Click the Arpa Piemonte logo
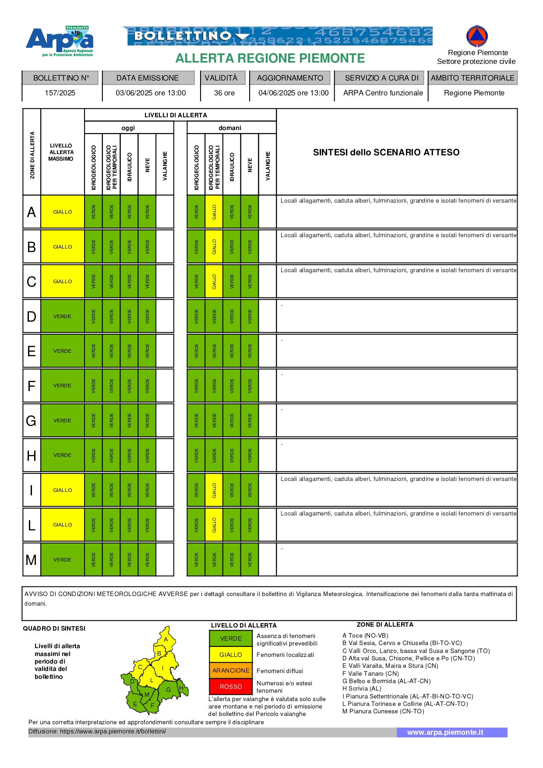[x=60, y=41]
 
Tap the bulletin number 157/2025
[x=60, y=93]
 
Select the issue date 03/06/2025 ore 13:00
[x=151, y=93]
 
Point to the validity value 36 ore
[x=224, y=93]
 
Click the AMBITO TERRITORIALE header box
[x=472, y=78]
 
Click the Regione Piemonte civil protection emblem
[x=477, y=36]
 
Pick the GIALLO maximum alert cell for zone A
[x=63, y=212]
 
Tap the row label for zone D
[x=32, y=316]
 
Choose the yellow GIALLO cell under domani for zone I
[x=214, y=490]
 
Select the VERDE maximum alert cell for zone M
[x=63, y=560]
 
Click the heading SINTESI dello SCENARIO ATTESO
[x=386, y=152]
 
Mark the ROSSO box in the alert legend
[x=231, y=687]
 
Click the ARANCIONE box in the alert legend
[x=231, y=670]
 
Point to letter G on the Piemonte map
[x=168, y=690]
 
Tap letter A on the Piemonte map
[x=166, y=639]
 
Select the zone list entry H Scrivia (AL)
[x=362, y=688]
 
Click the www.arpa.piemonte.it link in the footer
[x=445, y=732]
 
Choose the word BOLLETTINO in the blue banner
[x=183, y=36]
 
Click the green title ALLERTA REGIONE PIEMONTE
[x=270, y=58]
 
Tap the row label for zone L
[x=32, y=525]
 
